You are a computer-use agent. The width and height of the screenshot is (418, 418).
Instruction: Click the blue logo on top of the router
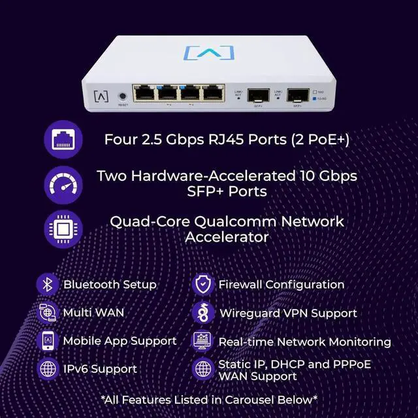tap(208, 52)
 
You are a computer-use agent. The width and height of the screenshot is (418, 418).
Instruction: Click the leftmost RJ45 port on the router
tap(144, 93)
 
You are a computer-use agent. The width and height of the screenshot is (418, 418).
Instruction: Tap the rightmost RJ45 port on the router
tap(214, 93)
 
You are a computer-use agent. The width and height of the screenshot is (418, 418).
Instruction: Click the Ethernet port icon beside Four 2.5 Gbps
tap(63, 140)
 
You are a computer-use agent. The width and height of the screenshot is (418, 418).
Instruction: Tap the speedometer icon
tap(63, 184)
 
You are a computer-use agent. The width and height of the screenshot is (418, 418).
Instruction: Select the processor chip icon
tap(63, 229)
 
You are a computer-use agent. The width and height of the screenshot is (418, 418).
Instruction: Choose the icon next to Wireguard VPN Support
tap(203, 313)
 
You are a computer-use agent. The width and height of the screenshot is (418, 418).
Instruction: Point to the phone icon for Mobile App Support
tap(47, 341)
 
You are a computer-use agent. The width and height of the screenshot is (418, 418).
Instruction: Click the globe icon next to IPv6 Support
tap(47, 369)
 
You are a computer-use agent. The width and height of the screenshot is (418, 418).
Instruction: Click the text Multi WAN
tap(93, 313)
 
